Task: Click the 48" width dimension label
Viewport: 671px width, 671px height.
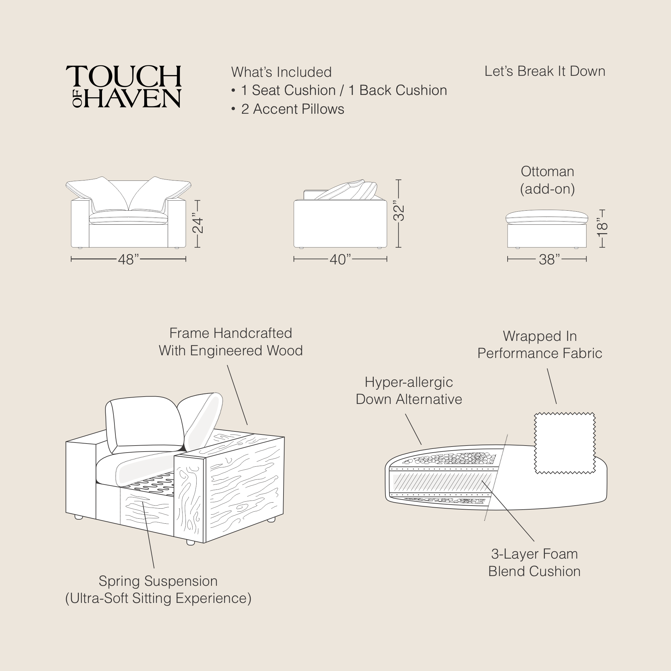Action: click(128, 259)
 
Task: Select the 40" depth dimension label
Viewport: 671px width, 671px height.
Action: click(340, 259)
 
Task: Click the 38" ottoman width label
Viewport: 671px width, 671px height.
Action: click(549, 259)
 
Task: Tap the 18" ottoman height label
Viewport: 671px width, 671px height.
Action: click(602, 228)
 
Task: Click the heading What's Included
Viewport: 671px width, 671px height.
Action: click(281, 72)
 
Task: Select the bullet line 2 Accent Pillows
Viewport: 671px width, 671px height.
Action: click(293, 109)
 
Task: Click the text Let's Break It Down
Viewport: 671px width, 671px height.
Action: click(545, 71)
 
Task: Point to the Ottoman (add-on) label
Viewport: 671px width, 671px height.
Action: click(547, 180)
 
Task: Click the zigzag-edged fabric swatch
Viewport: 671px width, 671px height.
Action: click(565, 443)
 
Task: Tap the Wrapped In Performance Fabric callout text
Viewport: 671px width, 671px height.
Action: click(539, 345)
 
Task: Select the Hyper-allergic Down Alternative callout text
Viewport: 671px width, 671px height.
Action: click(409, 391)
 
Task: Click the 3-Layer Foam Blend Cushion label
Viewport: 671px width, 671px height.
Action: click(534, 563)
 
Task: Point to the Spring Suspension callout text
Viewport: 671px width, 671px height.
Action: click(158, 590)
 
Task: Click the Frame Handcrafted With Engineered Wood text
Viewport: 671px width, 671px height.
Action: click(230, 342)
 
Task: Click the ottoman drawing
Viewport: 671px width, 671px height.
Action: click(547, 229)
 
